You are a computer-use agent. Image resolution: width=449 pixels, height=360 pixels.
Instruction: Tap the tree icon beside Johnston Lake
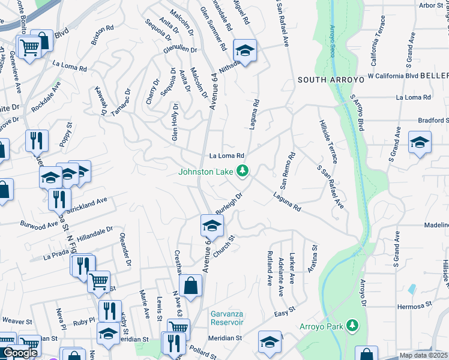243,172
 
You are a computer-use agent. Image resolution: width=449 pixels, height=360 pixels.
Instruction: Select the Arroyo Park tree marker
353,326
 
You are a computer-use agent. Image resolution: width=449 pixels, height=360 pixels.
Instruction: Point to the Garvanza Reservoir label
227,318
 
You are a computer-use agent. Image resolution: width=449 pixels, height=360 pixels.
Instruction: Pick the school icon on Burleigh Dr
212,226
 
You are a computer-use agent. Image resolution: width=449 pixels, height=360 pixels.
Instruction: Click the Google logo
20,353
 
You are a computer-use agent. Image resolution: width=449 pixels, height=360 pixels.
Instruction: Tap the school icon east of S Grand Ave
420,143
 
